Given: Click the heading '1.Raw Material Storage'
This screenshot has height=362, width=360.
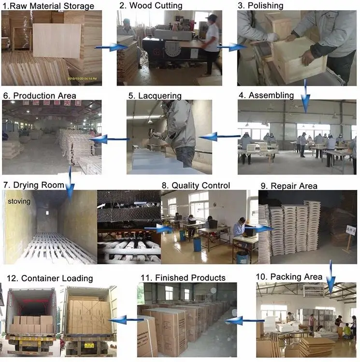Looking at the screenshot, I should (x=48, y=6).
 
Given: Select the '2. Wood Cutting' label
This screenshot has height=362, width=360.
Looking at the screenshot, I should (x=151, y=6).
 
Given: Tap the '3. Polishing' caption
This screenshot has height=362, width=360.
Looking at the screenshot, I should (x=261, y=6).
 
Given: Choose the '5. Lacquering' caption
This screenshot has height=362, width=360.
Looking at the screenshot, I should (x=155, y=95).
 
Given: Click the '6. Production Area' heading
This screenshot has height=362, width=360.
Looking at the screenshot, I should (x=40, y=95).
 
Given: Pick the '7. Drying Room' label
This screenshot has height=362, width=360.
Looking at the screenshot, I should (x=34, y=185).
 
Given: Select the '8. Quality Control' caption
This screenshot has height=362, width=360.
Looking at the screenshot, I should (x=196, y=185).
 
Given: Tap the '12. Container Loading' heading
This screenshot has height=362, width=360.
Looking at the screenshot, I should (x=49, y=278).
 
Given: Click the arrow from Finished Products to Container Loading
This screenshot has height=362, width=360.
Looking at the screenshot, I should (x=126, y=319).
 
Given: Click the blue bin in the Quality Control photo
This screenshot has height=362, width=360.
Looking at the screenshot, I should (x=197, y=244).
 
